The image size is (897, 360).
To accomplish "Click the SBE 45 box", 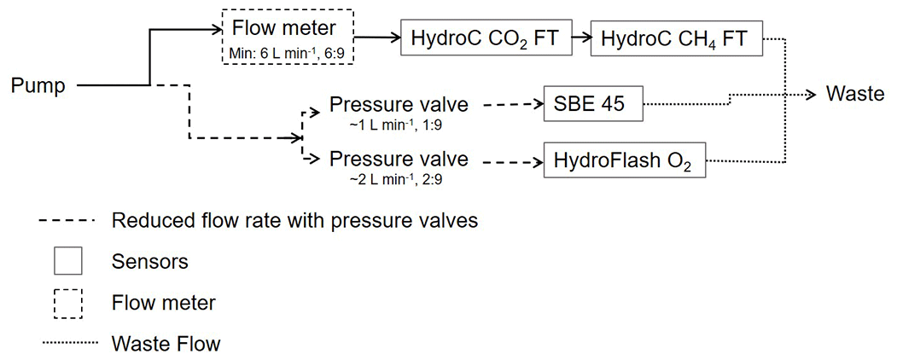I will (592, 105).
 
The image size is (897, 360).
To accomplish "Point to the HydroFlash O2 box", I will (625, 160).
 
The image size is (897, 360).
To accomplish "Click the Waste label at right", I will (855, 94).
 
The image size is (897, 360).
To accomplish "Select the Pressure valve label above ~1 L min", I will (399, 106).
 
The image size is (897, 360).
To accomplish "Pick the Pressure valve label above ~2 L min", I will (399, 159).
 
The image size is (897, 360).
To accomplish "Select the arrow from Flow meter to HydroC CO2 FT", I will (377, 38).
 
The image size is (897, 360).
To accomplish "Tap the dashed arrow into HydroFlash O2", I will (512, 160).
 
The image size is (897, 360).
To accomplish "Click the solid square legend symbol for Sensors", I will (67, 261).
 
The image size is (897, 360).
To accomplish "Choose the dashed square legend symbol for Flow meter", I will (67, 302).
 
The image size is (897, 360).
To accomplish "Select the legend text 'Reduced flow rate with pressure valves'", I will (294, 220).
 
